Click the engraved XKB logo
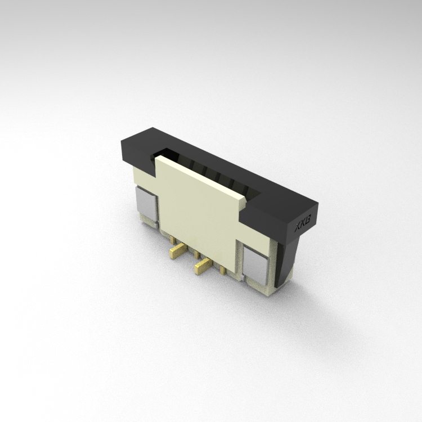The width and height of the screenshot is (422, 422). [303, 223]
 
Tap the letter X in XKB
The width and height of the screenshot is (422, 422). [298, 228]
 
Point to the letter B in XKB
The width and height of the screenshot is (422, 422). [308, 219]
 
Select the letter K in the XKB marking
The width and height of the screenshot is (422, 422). [303, 223]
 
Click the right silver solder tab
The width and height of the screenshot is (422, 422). [254, 265]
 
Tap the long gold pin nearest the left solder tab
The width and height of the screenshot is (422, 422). [177, 250]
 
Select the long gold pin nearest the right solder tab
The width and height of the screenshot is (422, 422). [203, 265]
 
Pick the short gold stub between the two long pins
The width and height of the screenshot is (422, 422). [197, 254]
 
